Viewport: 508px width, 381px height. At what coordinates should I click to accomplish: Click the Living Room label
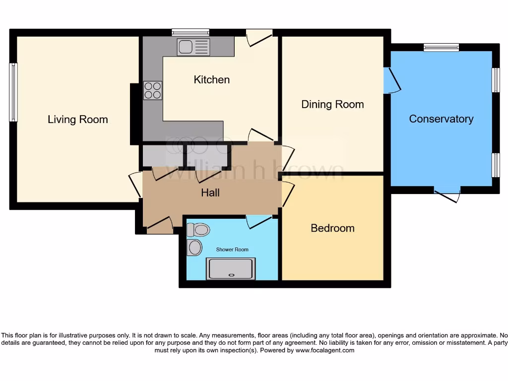click(x=77, y=120)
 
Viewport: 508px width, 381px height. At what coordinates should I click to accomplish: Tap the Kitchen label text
click(x=211, y=80)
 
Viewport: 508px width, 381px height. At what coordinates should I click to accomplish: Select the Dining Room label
click(x=332, y=104)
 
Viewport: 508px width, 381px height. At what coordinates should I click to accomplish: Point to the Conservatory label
click(x=441, y=119)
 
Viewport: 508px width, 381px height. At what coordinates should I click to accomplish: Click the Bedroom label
click(x=332, y=228)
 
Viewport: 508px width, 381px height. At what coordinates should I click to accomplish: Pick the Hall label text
click(x=210, y=192)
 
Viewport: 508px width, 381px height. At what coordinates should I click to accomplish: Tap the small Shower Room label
click(x=232, y=250)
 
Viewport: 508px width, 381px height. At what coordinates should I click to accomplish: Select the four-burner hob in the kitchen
click(x=153, y=90)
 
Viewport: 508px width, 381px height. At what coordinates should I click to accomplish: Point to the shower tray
click(x=231, y=269)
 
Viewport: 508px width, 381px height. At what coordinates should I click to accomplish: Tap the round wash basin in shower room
click(x=194, y=247)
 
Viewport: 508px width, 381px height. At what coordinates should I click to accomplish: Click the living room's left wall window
click(x=13, y=92)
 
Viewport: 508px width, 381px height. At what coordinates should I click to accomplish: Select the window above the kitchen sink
click(x=190, y=32)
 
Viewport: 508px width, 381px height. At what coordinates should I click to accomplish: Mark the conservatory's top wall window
click(x=441, y=48)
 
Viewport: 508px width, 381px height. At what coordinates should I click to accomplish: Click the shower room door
click(x=258, y=221)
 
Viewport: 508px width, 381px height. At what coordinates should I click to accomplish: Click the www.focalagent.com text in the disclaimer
click(x=325, y=350)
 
